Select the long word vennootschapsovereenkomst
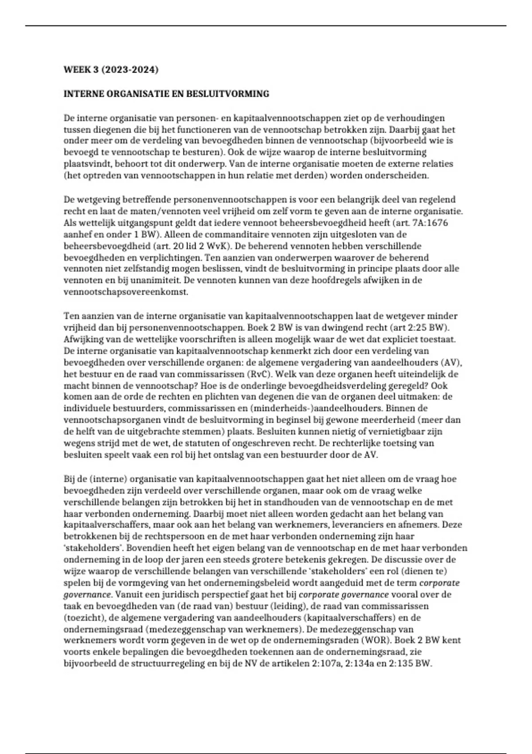pyautogui.click(x=126, y=292)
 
